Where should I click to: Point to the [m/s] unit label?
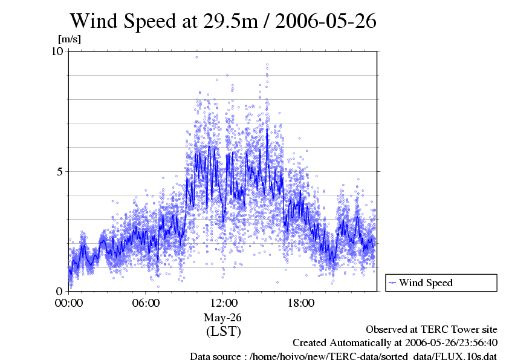[69, 39]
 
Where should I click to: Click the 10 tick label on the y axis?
[57, 51]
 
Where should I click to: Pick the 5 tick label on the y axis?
[60, 171]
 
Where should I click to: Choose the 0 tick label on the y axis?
[60, 291]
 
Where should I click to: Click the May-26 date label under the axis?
[223, 318]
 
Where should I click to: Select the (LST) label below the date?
[223, 332]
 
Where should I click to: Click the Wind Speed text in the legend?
[426, 283]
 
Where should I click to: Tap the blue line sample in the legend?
[392, 283]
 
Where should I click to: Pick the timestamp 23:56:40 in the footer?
[473, 342]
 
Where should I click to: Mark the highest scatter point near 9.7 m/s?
[196, 57]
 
